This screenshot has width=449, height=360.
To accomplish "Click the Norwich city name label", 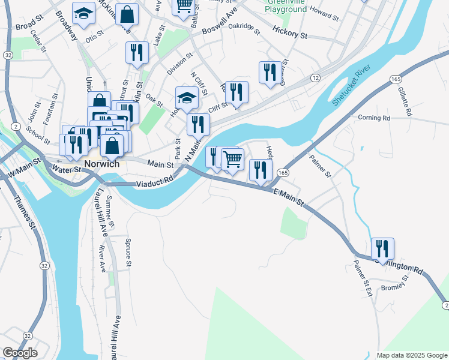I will (101, 164).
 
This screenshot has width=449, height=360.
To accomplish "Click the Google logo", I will (20, 353).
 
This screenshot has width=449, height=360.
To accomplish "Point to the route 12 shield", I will (315, 78).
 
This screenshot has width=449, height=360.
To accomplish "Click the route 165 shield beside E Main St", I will (283, 173).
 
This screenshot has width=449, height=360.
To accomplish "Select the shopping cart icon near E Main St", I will (232, 160).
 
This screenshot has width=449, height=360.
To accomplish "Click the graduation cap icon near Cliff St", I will (187, 98).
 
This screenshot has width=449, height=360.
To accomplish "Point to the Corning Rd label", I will (374, 118).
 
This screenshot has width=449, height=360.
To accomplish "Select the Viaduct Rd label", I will (155, 179).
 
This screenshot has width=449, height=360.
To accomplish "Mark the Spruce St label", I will (128, 252).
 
